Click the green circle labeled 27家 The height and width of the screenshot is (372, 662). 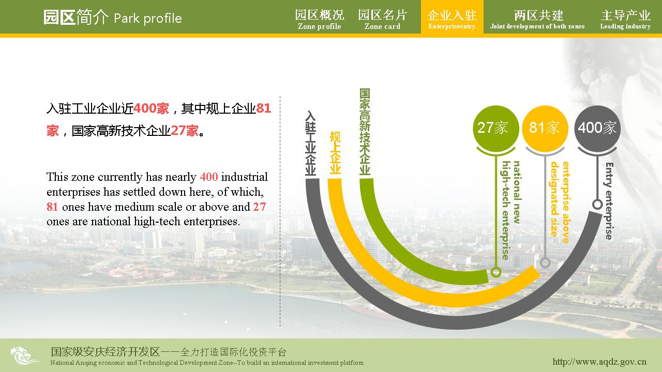(x=496, y=128)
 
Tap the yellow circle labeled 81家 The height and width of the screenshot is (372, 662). (x=545, y=128)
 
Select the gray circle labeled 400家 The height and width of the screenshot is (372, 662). (x=597, y=128)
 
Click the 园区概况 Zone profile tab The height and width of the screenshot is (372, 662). (x=320, y=20)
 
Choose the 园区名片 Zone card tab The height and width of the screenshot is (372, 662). (x=382, y=20)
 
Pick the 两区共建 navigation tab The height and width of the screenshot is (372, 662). (x=537, y=20)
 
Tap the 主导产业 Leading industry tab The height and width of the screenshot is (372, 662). (x=625, y=20)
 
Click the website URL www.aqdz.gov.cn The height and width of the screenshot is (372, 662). (x=599, y=361)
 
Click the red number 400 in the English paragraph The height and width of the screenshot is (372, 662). (x=209, y=177)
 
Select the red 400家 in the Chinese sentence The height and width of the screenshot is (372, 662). (x=151, y=109)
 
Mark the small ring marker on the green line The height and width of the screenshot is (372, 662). (x=496, y=272)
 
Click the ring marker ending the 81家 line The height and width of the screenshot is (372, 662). (x=545, y=262)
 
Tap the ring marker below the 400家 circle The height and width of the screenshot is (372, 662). (x=597, y=204)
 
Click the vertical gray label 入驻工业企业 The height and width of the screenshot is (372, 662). (x=311, y=144)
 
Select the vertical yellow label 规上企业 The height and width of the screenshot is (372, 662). (x=335, y=152)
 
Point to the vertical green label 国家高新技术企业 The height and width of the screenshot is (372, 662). (x=365, y=132)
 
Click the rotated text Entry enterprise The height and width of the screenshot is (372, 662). (x=609, y=201)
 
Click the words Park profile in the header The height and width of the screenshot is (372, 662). (x=148, y=19)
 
